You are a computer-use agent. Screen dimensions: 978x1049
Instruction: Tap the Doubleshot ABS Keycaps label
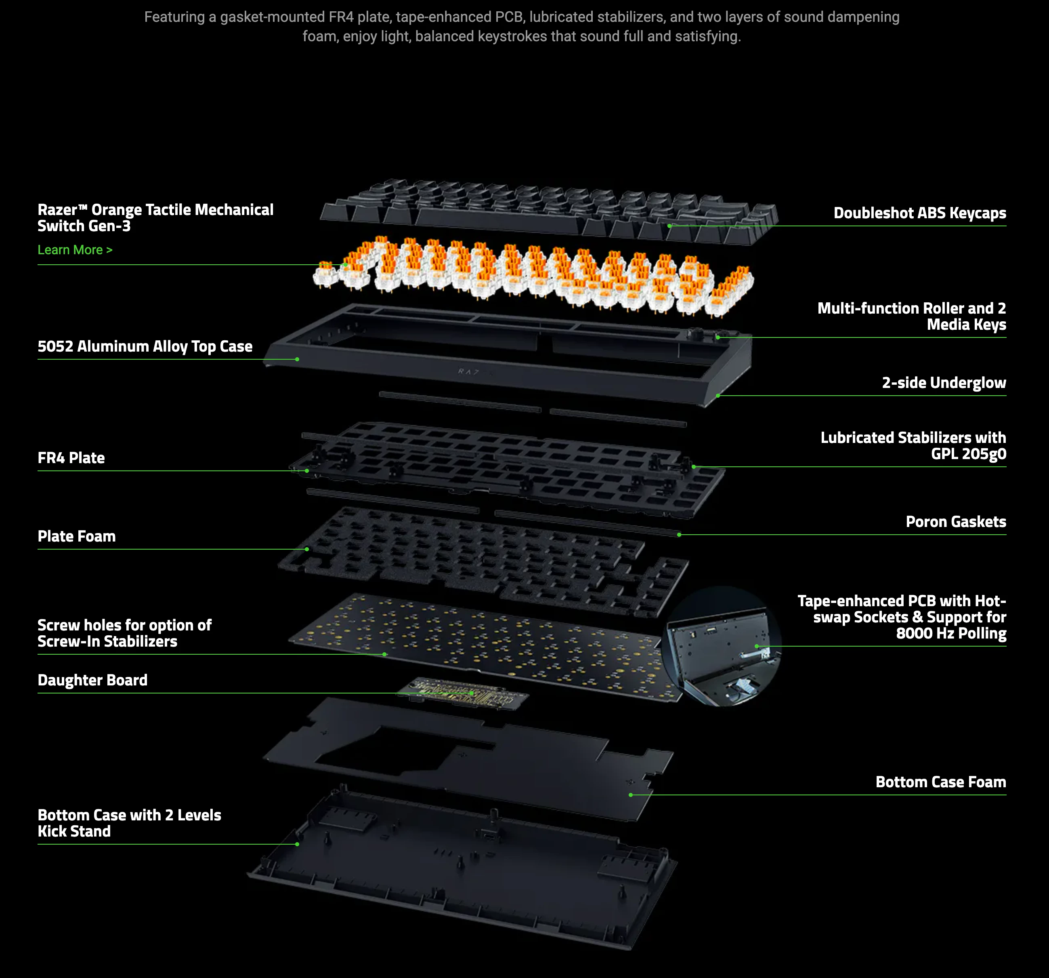(x=919, y=213)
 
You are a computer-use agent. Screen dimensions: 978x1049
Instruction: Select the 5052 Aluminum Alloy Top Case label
(x=145, y=346)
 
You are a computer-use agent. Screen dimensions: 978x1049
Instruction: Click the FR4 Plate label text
(x=71, y=458)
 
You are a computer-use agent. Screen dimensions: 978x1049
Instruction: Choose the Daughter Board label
(x=92, y=680)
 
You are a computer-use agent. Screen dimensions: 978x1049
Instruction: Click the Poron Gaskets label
(x=956, y=522)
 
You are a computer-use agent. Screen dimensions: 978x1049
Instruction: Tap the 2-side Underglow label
(x=944, y=383)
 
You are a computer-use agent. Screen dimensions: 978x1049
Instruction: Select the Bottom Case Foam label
(x=940, y=782)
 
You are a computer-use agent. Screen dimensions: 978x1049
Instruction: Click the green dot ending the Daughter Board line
(x=471, y=693)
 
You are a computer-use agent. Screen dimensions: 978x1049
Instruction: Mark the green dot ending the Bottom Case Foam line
(x=631, y=795)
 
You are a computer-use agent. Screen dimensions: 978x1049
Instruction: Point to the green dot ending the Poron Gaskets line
(x=679, y=535)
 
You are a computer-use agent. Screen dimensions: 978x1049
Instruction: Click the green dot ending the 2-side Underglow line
(x=718, y=396)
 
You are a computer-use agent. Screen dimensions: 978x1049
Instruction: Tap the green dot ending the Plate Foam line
(x=306, y=549)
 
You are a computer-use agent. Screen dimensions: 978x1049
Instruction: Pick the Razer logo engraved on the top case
(x=469, y=372)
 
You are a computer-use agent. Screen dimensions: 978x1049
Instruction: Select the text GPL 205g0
(x=968, y=454)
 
